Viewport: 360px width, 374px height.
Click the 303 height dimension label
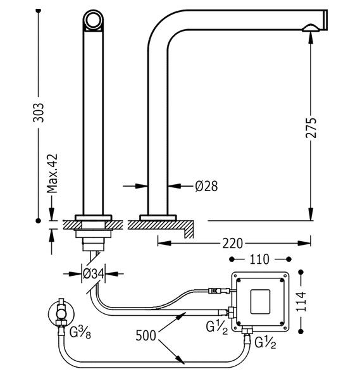(38, 113)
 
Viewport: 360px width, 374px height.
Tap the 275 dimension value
(311, 128)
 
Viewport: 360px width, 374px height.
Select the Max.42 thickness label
(53, 173)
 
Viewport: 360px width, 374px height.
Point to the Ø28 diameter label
(206, 186)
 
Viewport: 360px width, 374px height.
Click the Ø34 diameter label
(94, 273)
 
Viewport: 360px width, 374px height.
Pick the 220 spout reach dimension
(232, 244)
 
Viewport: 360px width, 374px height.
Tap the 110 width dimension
(259, 259)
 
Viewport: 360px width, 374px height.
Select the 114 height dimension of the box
(301, 301)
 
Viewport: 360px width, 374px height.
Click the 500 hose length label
(146, 335)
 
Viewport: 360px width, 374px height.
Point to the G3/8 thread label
(80, 332)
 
